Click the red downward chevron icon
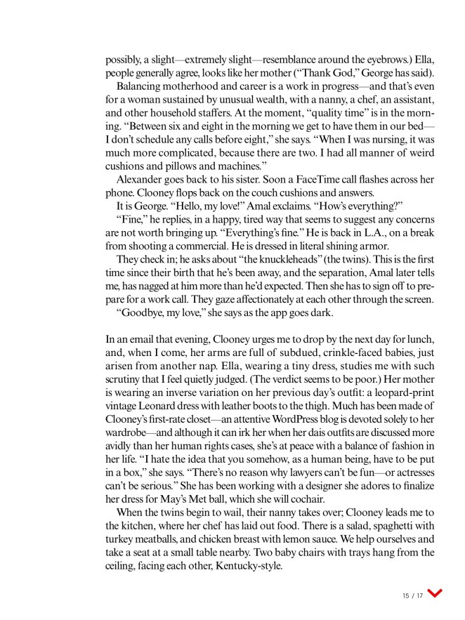pos(434,594)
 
